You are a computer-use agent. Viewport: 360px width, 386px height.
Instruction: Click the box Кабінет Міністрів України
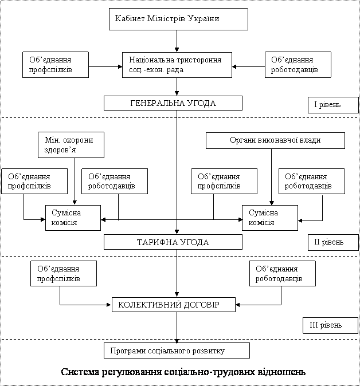[x=178, y=19]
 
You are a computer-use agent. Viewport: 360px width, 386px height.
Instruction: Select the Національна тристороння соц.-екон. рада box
[x=177, y=65]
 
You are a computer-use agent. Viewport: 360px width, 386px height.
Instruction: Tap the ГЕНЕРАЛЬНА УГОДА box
[x=173, y=103]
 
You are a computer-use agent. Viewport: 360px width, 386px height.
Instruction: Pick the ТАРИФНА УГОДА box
[x=173, y=242]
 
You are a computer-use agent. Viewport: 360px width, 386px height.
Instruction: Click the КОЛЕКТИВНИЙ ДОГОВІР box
[x=174, y=305]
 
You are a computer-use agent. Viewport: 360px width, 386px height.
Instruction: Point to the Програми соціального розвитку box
[x=177, y=350]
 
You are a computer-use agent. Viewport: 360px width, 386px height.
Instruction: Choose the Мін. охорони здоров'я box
[x=71, y=145]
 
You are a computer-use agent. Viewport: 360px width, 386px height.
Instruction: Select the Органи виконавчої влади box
[x=275, y=140]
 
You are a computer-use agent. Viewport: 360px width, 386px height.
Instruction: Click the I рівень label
[x=333, y=105]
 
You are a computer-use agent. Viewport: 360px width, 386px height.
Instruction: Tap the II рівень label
[x=333, y=242]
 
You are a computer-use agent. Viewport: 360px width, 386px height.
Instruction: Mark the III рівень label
[x=330, y=325]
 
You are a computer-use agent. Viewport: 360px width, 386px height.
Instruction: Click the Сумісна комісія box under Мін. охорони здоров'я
[x=73, y=218]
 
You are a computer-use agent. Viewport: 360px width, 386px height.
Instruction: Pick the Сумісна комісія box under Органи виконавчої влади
[x=270, y=218]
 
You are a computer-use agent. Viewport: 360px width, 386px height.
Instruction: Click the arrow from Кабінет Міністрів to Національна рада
[x=177, y=41]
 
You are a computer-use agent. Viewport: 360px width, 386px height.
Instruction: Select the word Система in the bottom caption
[x=80, y=372]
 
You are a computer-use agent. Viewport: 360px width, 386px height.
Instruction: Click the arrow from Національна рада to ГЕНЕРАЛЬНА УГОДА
[x=177, y=86]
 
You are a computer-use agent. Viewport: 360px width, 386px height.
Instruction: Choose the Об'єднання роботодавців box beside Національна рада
[x=298, y=65]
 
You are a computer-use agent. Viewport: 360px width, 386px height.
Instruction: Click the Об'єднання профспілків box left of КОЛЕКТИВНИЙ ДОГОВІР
[x=64, y=274]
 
